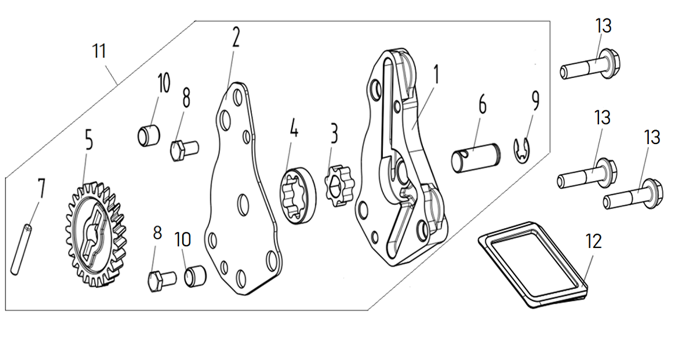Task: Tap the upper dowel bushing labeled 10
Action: click(x=148, y=135)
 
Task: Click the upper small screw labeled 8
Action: click(x=184, y=150)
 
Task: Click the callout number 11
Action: click(x=100, y=51)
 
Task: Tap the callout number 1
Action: click(x=436, y=74)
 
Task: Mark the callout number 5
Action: click(x=88, y=139)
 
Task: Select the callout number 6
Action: click(x=482, y=106)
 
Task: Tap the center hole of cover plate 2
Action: click(x=242, y=205)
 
